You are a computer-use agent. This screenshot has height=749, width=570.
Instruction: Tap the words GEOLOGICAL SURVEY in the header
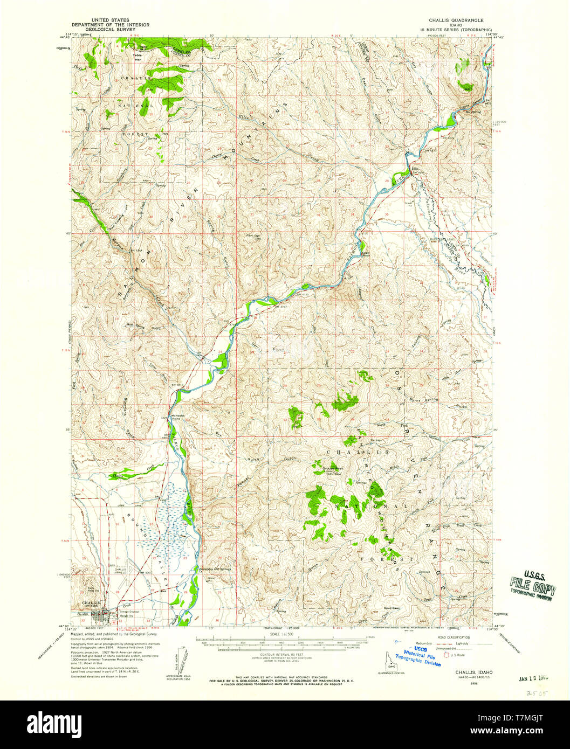(111, 30)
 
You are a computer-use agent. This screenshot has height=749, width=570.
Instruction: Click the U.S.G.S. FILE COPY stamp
(533, 585)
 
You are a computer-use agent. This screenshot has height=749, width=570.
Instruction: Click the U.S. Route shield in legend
(446, 655)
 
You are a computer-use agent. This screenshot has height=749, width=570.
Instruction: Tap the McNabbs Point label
(178, 416)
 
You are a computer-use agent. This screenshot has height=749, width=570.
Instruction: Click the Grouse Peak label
(333, 468)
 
